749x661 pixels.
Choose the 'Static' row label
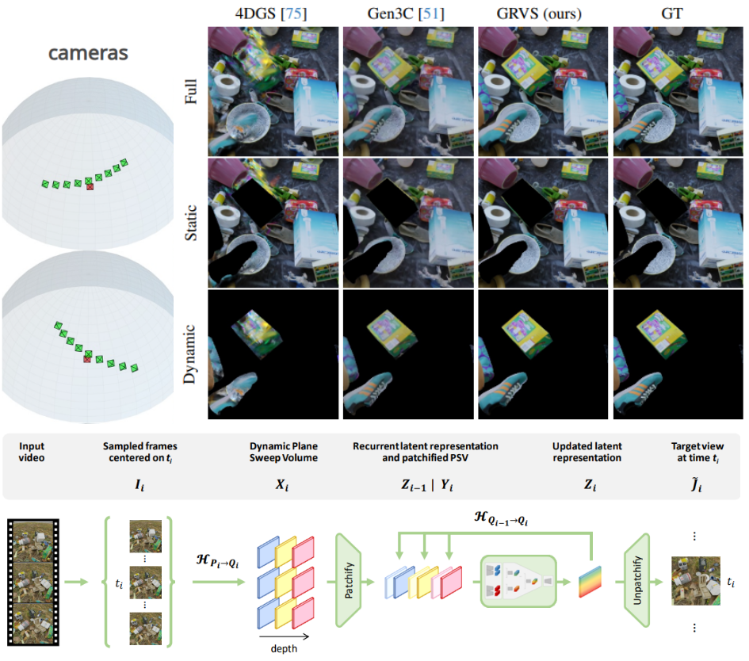point(191,224)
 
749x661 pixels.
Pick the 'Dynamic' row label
point(191,354)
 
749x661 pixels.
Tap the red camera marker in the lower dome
point(88,360)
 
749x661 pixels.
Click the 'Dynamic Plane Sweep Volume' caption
point(284,452)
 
